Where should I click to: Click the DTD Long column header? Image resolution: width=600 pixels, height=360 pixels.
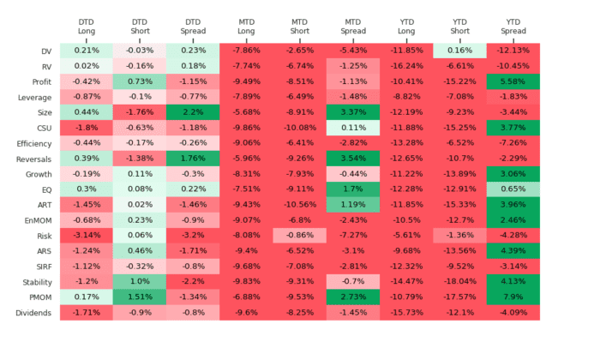click(87, 26)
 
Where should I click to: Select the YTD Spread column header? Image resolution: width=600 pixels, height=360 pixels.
click(513, 26)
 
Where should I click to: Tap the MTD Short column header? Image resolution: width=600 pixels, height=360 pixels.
click(299, 26)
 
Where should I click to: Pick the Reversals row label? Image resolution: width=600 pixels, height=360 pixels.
click(33, 159)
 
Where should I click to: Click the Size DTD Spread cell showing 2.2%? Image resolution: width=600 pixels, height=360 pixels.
click(193, 112)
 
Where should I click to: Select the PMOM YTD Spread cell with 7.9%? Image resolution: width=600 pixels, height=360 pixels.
click(513, 297)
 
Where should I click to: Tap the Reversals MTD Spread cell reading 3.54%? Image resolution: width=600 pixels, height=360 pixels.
click(353, 159)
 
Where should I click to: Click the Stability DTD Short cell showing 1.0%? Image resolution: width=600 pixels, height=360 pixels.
click(140, 282)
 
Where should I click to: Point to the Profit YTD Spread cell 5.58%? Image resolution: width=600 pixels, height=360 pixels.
click(513, 81)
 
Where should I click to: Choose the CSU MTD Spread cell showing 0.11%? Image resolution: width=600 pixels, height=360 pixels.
click(353, 128)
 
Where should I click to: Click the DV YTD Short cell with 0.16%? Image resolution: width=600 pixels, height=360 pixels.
click(459, 51)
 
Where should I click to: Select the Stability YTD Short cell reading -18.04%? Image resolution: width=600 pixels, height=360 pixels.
click(459, 282)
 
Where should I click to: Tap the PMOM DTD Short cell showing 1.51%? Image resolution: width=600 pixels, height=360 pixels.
click(140, 297)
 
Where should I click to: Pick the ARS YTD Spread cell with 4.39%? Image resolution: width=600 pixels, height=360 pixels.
click(513, 251)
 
